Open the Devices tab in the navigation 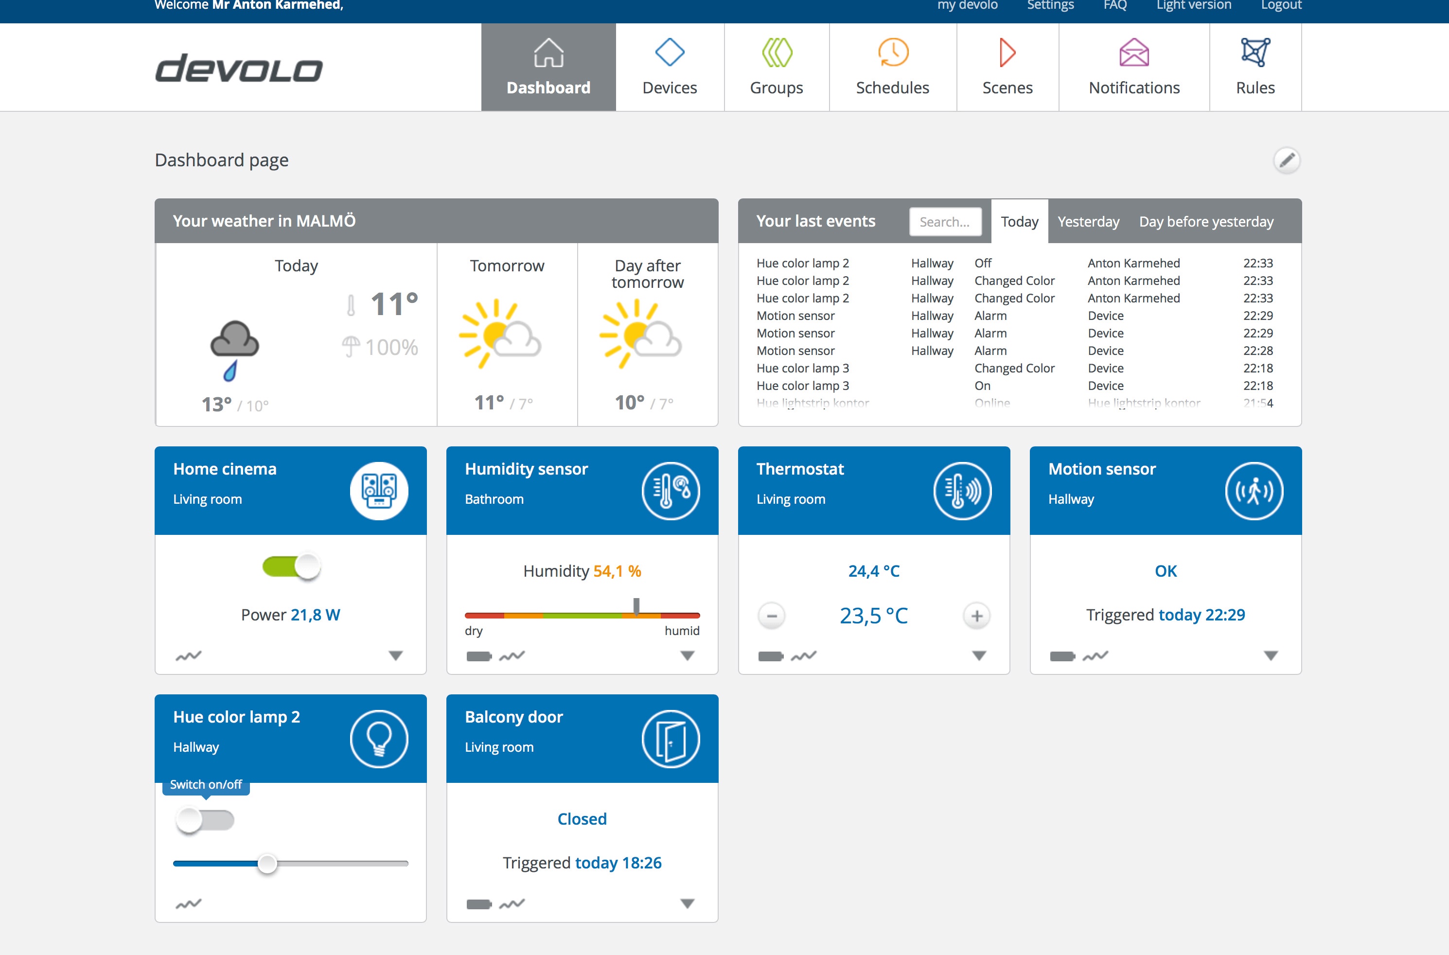[670, 67]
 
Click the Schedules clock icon [892, 53]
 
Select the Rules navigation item [1255, 67]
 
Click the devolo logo [239, 68]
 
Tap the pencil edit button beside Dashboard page [1287, 160]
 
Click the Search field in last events [945, 222]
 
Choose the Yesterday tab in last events [1088, 222]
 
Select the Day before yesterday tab [1206, 222]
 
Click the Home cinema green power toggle [291, 567]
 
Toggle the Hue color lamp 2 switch [205, 820]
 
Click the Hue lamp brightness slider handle [267, 864]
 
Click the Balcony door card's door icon [670, 739]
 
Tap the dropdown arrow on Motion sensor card [1271, 656]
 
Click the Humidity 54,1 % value [617, 571]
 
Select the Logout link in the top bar [1281, 5]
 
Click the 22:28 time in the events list [1258, 351]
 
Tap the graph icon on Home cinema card [188, 656]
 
